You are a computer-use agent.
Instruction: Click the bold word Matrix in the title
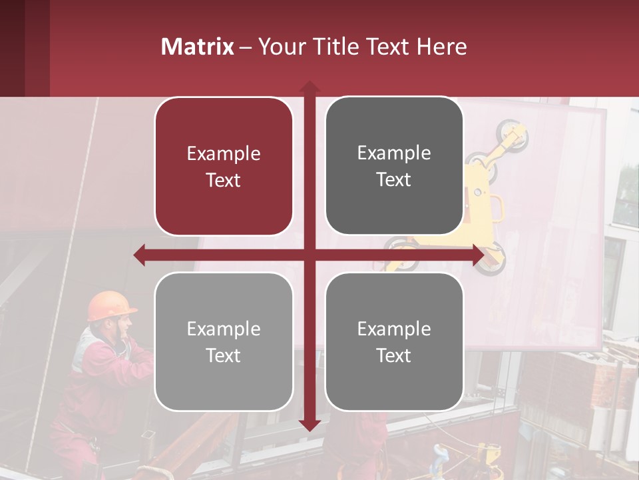[x=198, y=47]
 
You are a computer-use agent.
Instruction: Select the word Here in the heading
[x=442, y=47]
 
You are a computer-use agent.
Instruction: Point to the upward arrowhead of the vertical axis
[x=309, y=87]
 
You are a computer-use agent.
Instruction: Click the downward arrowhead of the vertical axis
[x=309, y=425]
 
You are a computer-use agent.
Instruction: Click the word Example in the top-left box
[x=224, y=154]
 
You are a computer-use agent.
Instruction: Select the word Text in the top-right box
[x=394, y=179]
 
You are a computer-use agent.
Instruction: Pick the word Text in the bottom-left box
[x=224, y=355]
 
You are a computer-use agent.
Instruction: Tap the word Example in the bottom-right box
[x=394, y=329]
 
